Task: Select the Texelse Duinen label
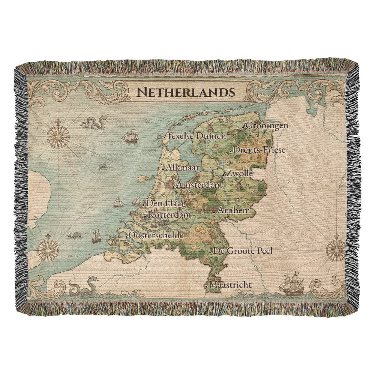pos(196,136)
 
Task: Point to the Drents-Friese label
pos(259,150)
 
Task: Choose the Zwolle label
pos(239,174)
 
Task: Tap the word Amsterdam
pos(199,185)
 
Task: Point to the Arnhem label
pos(233,211)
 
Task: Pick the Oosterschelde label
pos(155,235)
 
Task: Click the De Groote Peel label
pos(242,251)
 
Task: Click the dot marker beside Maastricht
pos(207,286)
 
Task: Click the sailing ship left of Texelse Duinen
pos(130,136)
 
